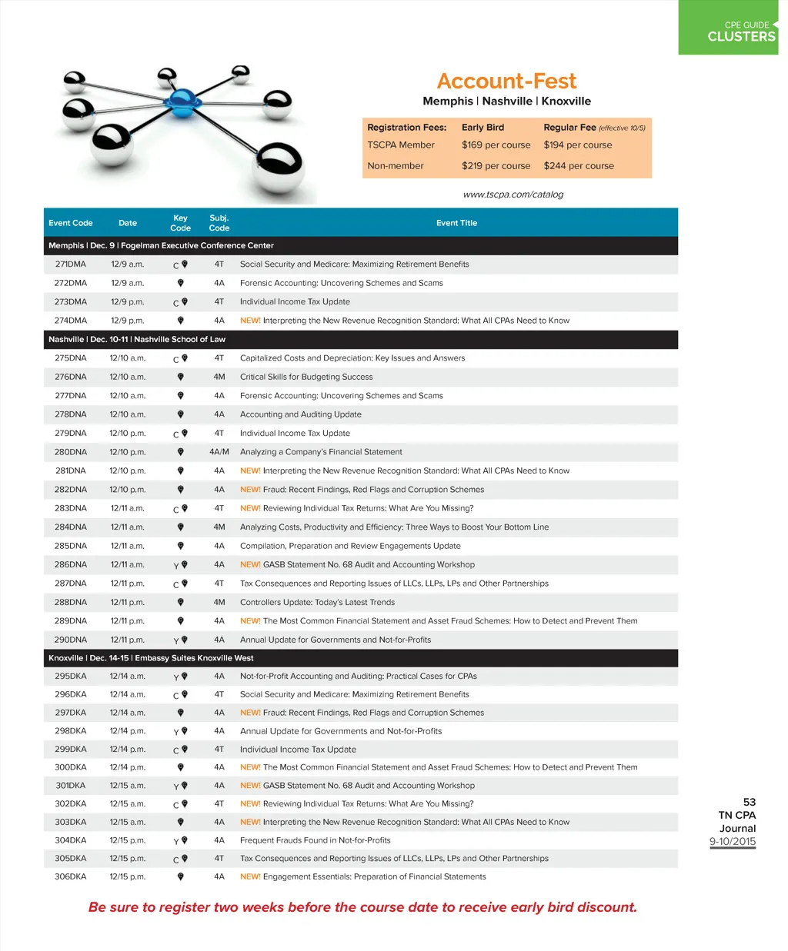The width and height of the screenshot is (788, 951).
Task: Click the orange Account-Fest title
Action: [506, 81]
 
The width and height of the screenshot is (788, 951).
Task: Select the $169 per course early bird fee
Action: [496, 145]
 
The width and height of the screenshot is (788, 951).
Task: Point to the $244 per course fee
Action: [579, 166]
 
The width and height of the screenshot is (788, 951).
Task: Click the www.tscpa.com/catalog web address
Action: [513, 195]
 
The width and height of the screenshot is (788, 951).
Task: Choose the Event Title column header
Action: [456, 223]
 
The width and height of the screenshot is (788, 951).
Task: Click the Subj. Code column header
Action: [219, 223]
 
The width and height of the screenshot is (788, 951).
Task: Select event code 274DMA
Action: [71, 321]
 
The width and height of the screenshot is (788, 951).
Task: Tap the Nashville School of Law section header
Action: [137, 339]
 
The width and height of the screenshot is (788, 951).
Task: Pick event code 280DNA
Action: [71, 452]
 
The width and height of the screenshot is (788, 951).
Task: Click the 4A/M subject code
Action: [219, 452]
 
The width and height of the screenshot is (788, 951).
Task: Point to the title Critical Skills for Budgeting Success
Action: [306, 377]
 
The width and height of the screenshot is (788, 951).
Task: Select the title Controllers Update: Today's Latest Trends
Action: [317, 603]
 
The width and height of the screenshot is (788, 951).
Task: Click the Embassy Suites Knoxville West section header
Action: [151, 658]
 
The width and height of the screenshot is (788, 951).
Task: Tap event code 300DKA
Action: [71, 767]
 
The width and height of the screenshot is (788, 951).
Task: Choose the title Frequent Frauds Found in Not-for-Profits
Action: [315, 840]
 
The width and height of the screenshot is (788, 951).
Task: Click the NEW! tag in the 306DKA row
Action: [250, 876]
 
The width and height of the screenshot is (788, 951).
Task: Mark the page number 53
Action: [750, 802]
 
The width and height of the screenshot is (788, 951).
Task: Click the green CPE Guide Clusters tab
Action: [729, 28]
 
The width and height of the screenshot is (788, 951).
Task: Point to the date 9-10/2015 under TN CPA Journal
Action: [733, 841]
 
